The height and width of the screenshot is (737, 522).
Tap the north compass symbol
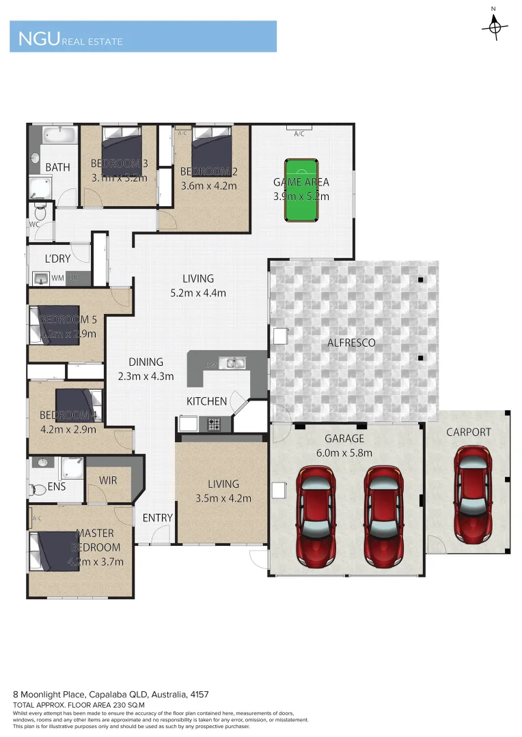[x=493, y=25]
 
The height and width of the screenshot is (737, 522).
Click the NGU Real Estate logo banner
[x=143, y=37]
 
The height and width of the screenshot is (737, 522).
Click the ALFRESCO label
[x=352, y=343]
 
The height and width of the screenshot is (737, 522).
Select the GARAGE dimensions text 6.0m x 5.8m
[x=344, y=452]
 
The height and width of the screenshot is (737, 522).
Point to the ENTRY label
[x=157, y=518]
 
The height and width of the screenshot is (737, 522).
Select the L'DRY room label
[x=58, y=259]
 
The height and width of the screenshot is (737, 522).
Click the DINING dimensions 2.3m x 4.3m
[x=145, y=376]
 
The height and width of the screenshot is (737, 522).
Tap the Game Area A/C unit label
[x=299, y=134]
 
